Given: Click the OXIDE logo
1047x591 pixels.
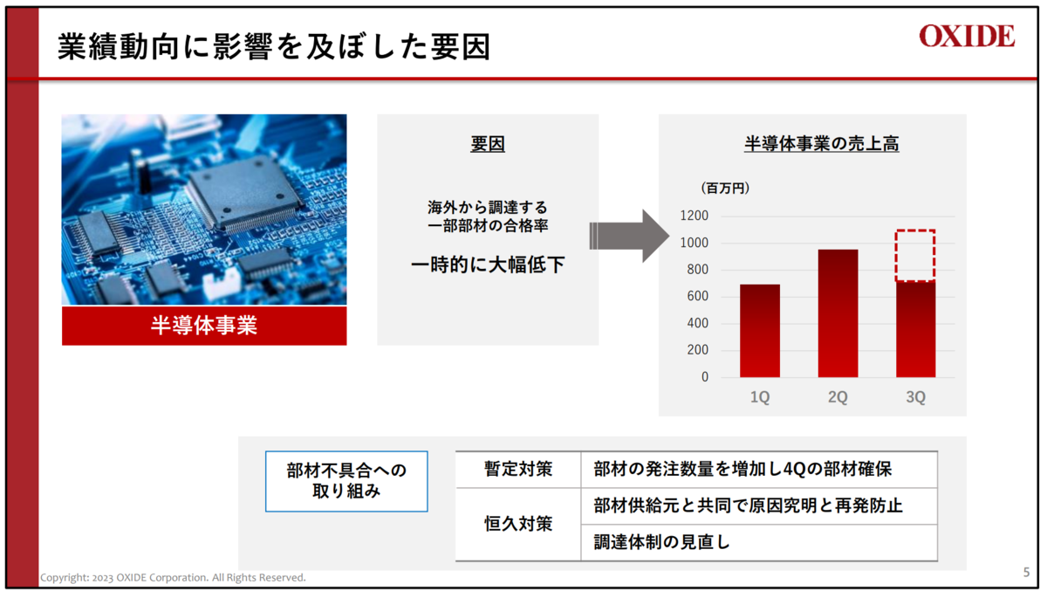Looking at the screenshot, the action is [x=967, y=36].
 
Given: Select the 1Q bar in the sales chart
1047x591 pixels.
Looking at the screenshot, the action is [x=760, y=331].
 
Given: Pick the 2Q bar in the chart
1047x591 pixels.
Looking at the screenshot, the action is [x=838, y=313].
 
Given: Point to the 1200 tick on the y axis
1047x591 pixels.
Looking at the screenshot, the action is [x=695, y=216].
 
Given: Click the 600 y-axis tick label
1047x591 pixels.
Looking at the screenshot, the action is [x=697, y=296].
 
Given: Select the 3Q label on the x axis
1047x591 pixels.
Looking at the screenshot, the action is [x=915, y=397].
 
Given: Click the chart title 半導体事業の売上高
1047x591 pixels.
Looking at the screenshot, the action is [x=821, y=143].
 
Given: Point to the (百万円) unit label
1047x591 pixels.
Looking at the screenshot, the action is [x=725, y=188].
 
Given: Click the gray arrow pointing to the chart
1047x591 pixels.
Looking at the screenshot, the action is [x=629, y=236].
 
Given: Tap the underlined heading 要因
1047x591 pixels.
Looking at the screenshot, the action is [x=488, y=143].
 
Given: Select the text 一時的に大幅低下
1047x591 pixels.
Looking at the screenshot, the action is [x=488, y=265].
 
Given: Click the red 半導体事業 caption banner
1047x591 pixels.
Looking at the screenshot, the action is [x=204, y=326].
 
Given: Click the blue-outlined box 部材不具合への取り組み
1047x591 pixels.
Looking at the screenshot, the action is [x=346, y=481].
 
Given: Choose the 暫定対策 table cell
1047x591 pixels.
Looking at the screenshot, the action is [x=518, y=470].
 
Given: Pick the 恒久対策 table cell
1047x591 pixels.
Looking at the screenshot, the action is [x=518, y=524].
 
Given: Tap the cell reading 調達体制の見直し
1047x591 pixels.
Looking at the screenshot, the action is [x=759, y=542].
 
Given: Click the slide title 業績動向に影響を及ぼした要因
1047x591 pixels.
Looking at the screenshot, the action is [x=274, y=47].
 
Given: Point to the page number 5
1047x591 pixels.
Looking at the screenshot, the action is [x=1026, y=573].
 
